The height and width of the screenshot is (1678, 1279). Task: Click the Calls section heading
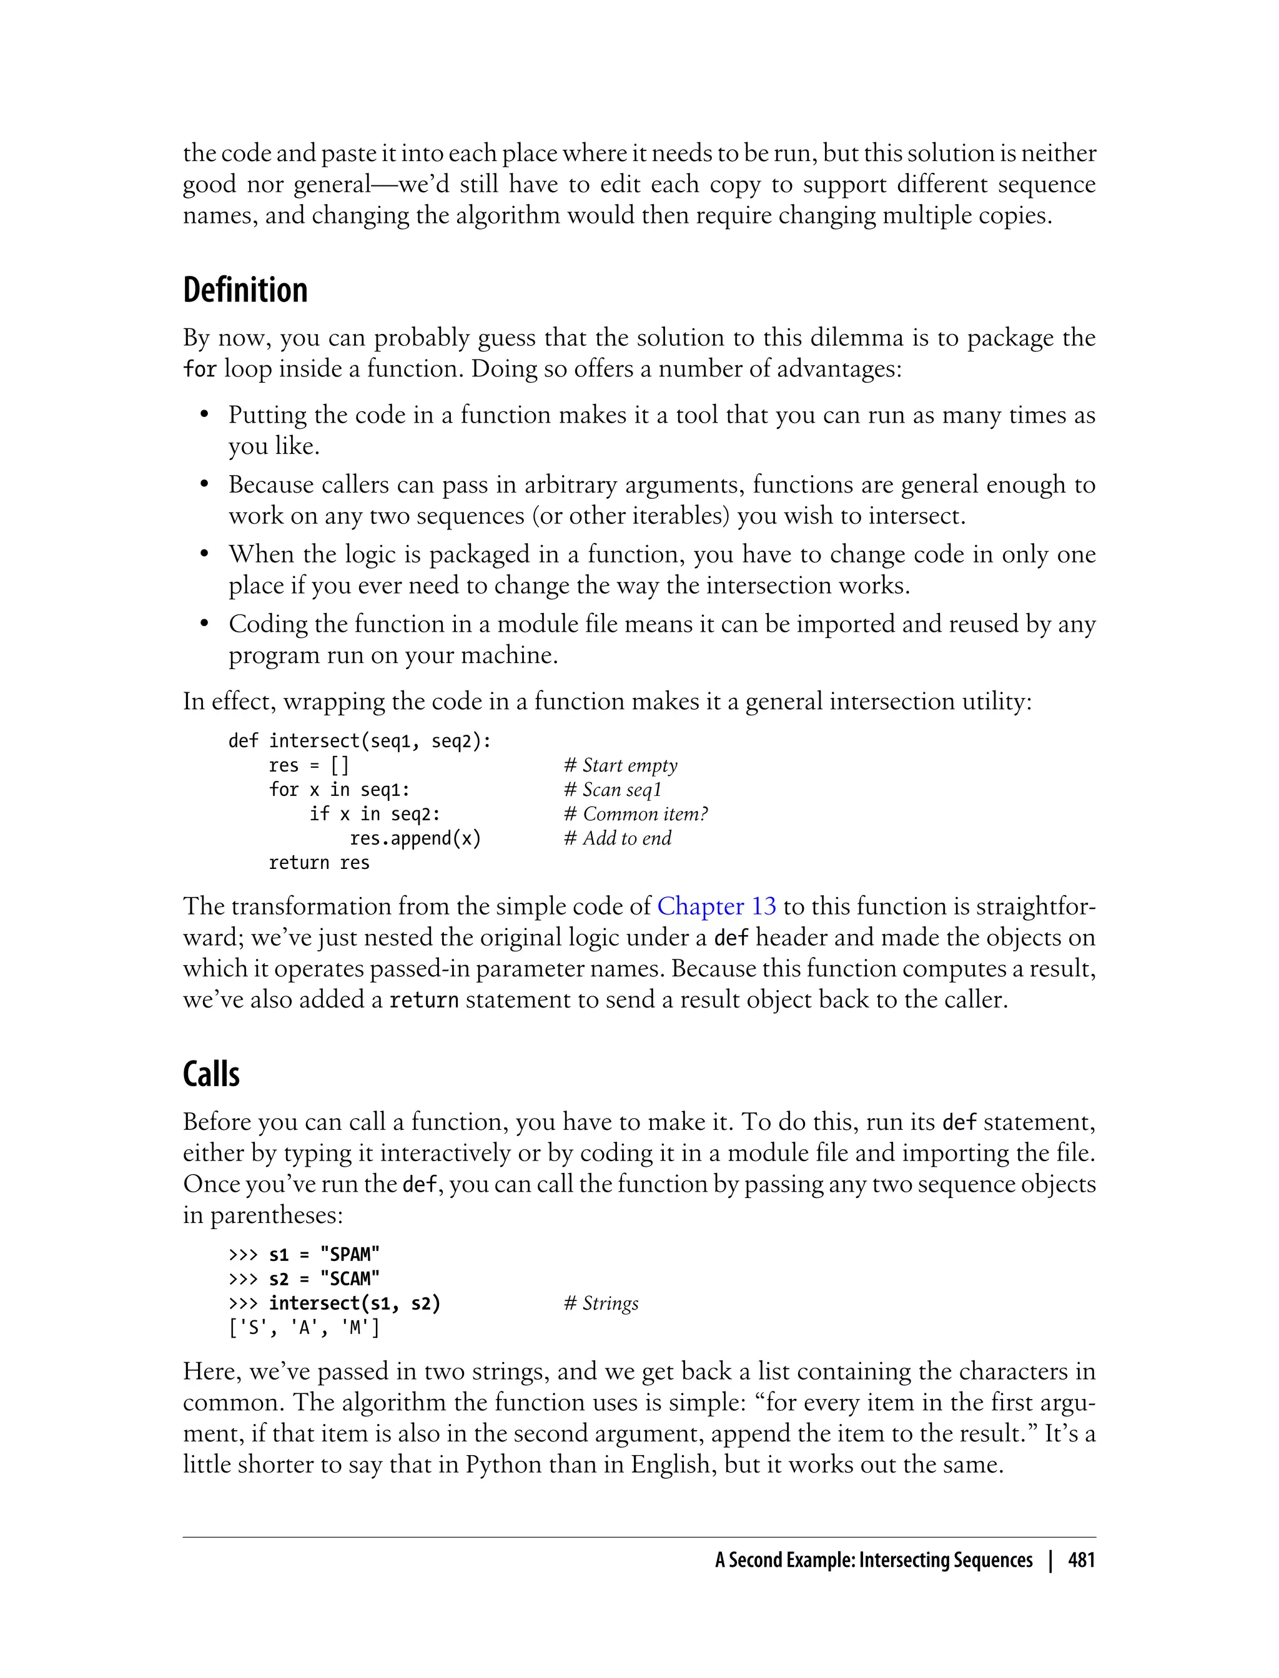click(x=211, y=1074)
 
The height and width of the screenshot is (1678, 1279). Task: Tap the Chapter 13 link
click(x=716, y=906)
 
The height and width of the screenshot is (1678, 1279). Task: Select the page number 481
click(x=1081, y=1561)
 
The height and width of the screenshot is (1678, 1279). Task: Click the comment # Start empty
click(x=621, y=765)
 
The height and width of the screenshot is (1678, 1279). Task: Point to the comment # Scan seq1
click(x=613, y=790)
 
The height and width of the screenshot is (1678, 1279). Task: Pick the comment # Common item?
click(x=636, y=814)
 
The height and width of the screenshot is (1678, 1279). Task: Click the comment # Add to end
click(x=618, y=838)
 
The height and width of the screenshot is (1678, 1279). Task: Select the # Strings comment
click(x=601, y=1303)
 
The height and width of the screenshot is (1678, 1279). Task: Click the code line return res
click(x=319, y=863)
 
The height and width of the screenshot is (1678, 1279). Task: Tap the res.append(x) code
click(x=415, y=838)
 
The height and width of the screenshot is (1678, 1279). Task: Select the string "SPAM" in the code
click(x=350, y=1254)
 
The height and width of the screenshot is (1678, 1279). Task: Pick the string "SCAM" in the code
click(x=350, y=1278)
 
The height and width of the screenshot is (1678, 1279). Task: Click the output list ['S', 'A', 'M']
click(x=304, y=1328)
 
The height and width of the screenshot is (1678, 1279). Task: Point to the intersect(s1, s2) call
click(x=355, y=1303)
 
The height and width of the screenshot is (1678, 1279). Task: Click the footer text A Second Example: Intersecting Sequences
click(x=873, y=1561)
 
